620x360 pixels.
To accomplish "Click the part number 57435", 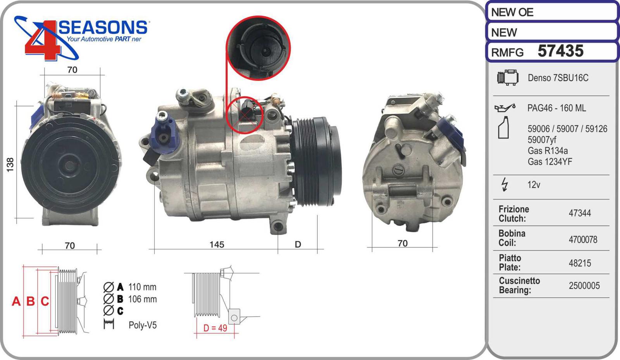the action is point(560,51).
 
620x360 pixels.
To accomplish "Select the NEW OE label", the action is point(512,12).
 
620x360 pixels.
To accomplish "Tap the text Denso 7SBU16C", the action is point(558,78).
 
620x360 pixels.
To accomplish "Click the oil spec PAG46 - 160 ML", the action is point(556,108).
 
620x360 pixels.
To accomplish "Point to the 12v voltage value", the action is point(534,184).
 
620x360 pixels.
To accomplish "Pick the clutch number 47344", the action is point(580,213).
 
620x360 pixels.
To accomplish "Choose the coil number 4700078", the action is point(583,239).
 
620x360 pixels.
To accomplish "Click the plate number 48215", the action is point(580,263).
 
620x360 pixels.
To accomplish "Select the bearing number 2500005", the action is point(584,286).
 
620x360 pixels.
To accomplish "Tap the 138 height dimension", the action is point(10,165).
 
